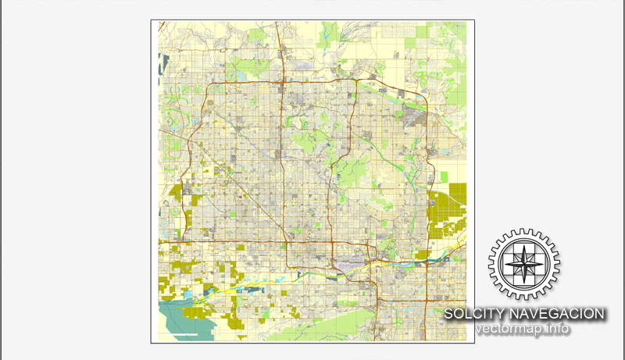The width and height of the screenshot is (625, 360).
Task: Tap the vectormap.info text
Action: pos(523,329)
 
